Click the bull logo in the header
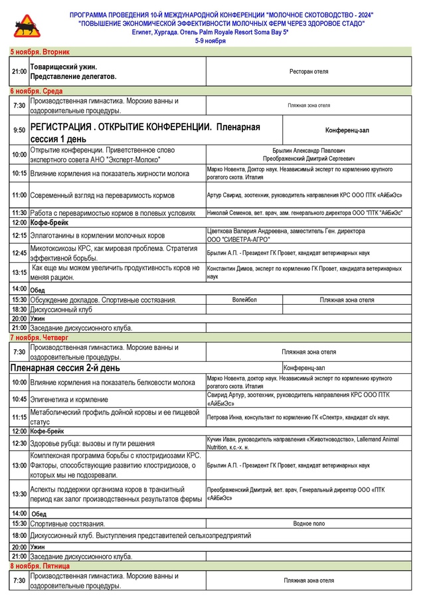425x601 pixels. [27, 27]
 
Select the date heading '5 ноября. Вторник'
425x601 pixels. [40, 51]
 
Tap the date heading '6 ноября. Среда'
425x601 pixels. [36, 90]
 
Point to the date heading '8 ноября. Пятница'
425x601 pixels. [41, 566]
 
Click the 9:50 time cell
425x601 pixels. [19, 130]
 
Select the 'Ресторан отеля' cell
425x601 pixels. [309, 71]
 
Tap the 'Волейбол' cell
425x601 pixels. [244, 300]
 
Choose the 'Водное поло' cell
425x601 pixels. [309, 524]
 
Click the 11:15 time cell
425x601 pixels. [19, 417]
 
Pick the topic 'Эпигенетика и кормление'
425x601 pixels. [69, 400]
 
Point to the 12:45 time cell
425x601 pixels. [19, 253]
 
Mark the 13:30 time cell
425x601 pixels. [19, 494]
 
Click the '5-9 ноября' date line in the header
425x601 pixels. [211, 41]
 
